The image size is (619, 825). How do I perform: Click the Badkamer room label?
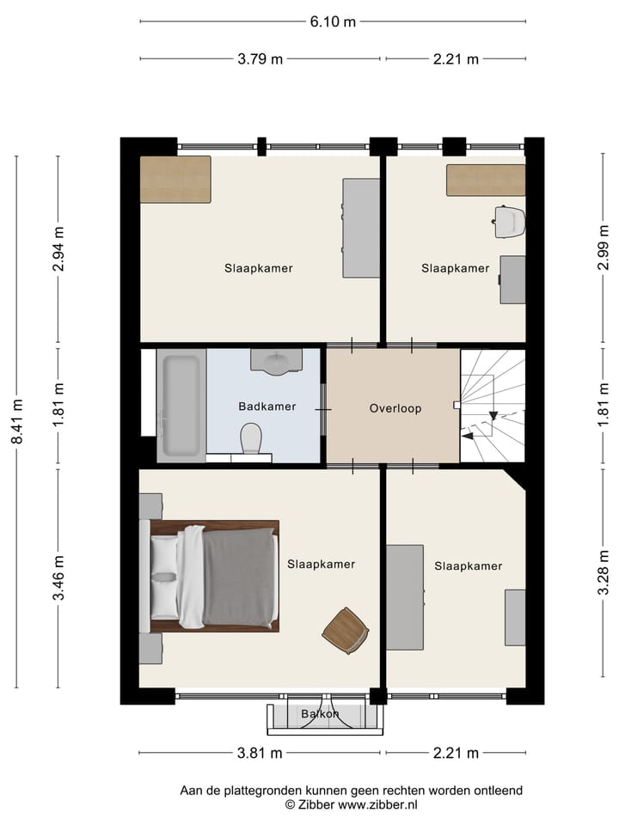point(267,406)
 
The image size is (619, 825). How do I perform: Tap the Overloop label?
point(395,408)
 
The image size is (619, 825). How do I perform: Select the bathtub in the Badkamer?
point(181,406)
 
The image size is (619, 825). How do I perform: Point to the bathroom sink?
point(275,361)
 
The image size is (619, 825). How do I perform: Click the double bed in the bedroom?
point(211,576)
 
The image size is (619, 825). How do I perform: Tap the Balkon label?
point(320,714)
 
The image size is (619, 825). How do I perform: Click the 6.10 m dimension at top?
point(332,22)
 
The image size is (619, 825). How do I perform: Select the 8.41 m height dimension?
point(16,422)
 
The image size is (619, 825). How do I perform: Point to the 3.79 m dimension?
point(260,58)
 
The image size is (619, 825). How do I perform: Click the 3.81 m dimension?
point(260,754)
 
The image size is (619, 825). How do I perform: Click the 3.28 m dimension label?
point(604,578)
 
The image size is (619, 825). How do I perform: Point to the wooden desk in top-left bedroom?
point(176,179)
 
